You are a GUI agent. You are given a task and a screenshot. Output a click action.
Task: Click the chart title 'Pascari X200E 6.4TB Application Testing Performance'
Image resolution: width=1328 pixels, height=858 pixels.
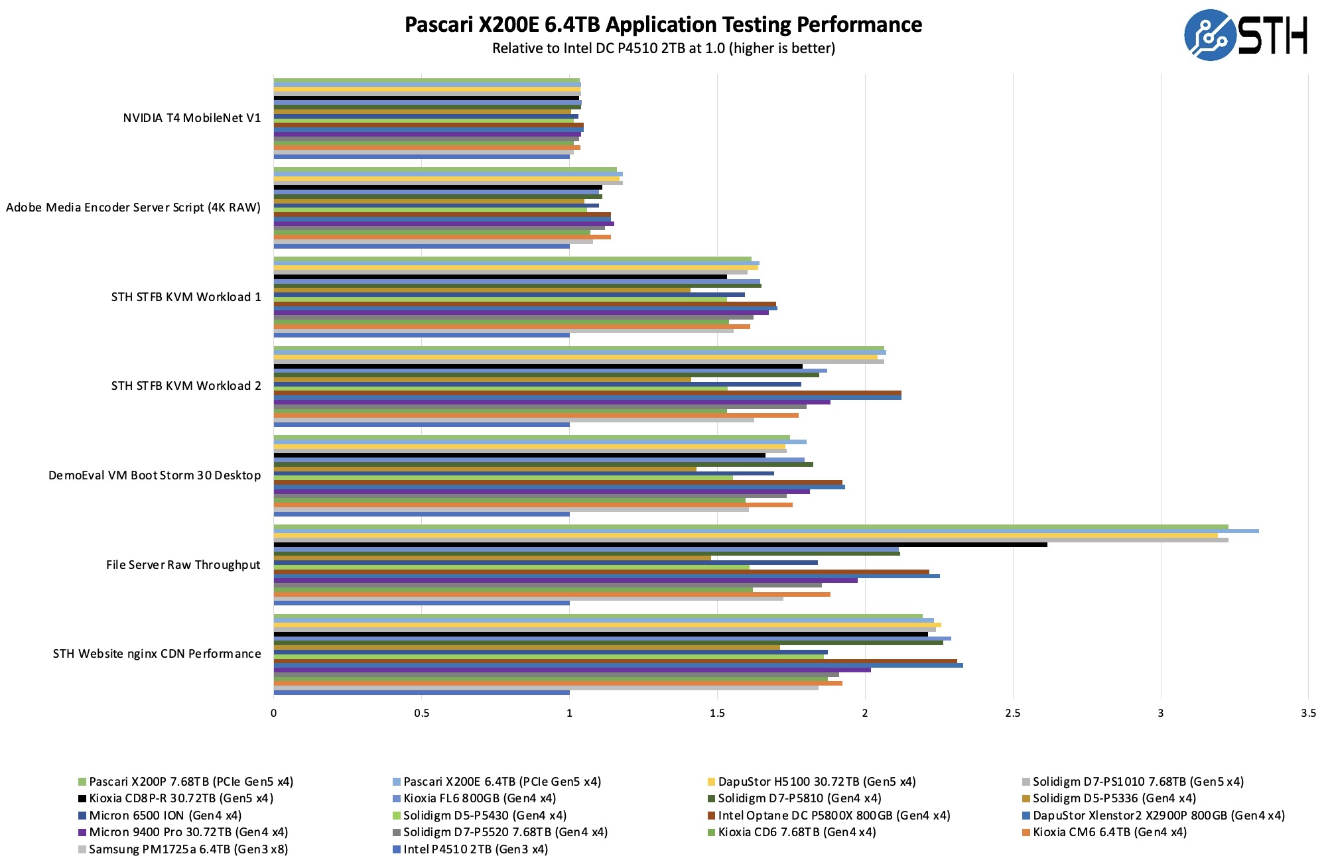(x=663, y=25)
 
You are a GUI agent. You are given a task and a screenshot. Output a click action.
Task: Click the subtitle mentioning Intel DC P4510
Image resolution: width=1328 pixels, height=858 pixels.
(x=663, y=48)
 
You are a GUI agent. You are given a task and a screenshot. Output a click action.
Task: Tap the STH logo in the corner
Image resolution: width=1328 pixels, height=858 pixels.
(x=1245, y=35)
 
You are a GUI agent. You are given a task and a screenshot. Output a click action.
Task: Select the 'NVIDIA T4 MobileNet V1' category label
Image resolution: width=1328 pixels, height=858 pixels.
(x=192, y=118)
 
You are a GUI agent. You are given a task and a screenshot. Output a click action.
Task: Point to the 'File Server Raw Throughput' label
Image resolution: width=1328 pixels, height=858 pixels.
(x=183, y=565)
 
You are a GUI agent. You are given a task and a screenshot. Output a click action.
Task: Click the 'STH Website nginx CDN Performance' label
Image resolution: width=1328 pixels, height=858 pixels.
(x=157, y=654)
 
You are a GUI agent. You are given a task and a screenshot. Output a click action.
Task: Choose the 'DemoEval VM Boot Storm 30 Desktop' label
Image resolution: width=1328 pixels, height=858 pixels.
(x=154, y=475)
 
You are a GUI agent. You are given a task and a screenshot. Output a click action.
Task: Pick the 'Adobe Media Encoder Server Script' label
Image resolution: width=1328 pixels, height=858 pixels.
(x=133, y=208)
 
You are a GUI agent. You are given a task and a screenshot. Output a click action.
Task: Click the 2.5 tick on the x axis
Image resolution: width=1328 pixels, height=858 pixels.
(x=1012, y=713)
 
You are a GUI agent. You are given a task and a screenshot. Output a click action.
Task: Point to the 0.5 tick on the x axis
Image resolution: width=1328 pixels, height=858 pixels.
(x=421, y=713)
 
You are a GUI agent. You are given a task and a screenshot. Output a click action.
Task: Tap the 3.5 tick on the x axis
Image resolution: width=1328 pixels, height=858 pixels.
(x=1308, y=713)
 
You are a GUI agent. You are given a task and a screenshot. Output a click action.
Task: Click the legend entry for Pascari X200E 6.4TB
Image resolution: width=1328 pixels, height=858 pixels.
(x=501, y=782)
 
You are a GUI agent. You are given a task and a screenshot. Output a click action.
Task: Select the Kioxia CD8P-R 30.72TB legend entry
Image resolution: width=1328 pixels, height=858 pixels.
(x=180, y=798)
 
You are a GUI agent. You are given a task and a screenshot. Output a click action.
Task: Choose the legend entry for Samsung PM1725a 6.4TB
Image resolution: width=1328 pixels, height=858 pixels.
(x=188, y=849)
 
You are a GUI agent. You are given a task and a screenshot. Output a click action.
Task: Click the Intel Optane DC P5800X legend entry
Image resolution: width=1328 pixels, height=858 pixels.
(x=833, y=816)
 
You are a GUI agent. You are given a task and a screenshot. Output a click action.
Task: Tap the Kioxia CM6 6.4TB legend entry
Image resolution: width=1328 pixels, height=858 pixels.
(x=1109, y=832)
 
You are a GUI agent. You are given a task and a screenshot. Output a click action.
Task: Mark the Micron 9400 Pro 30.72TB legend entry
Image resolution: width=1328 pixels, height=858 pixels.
(x=188, y=832)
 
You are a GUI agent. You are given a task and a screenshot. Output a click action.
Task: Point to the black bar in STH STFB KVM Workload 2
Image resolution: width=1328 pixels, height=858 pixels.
(x=538, y=366)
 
